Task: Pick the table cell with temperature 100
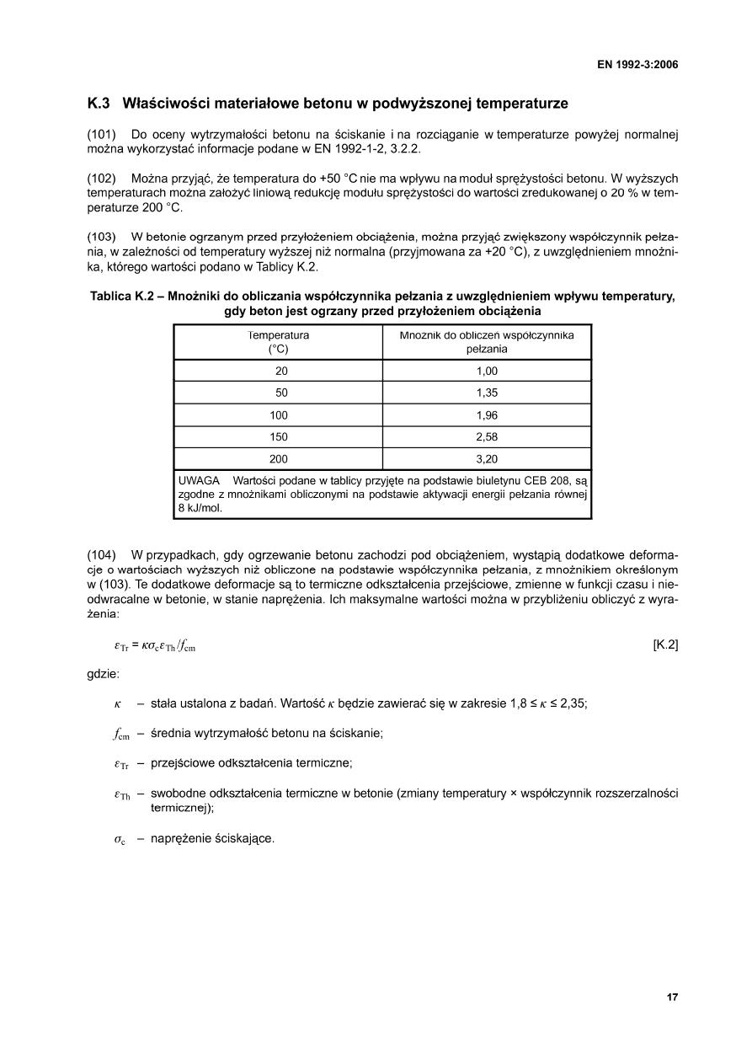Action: [278, 415]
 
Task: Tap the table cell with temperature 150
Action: [278, 437]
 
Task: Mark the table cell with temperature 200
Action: [278, 459]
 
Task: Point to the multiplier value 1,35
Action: [487, 393]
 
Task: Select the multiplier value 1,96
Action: [487, 415]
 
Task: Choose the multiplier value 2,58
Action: [487, 437]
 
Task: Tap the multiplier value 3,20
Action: [487, 459]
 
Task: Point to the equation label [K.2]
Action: [665, 645]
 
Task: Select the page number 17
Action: [672, 997]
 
